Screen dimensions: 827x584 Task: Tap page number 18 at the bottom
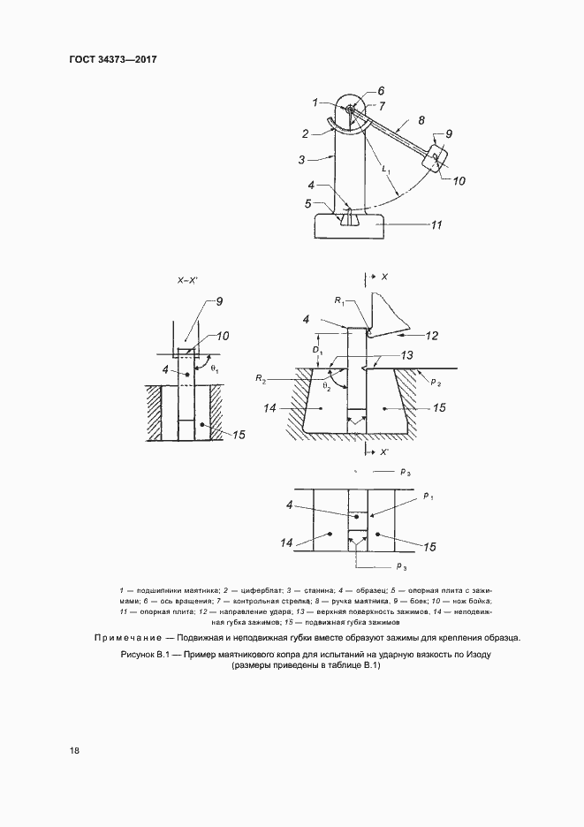tap(75, 751)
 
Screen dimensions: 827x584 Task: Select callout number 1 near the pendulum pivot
tap(315, 104)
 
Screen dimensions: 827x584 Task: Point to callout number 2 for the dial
tap(304, 134)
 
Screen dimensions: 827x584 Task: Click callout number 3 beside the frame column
tap(301, 160)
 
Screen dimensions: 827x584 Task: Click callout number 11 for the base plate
tap(436, 225)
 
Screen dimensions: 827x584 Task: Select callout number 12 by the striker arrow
tap(432, 335)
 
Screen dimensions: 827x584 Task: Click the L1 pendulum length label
tap(385, 169)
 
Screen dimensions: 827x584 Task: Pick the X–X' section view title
tap(190, 280)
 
